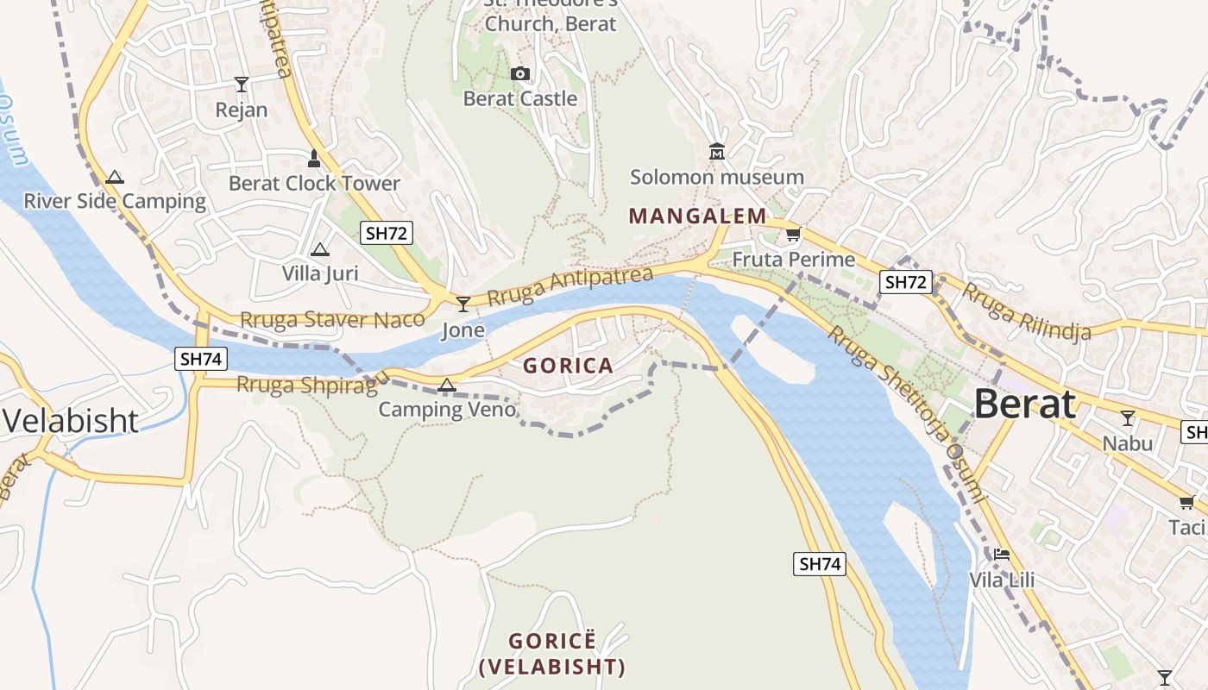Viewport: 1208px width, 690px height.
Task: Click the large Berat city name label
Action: click(x=1025, y=404)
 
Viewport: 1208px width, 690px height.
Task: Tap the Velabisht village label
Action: click(x=71, y=420)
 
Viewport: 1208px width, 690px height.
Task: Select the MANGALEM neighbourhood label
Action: click(x=697, y=216)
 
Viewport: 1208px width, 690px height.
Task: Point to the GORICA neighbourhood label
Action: click(x=568, y=366)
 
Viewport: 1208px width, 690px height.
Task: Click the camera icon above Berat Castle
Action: click(x=519, y=74)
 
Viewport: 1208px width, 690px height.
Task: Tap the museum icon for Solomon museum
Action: click(x=716, y=153)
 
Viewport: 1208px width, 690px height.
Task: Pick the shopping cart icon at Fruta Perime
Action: click(x=793, y=235)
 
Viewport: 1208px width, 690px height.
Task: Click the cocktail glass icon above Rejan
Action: click(x=242, y=85)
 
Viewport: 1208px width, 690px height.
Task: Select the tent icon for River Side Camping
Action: click(x=114, y=178)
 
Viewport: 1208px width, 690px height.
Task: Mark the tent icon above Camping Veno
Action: click(x=446, y=385)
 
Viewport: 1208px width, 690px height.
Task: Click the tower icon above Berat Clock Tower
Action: click(x=314, y=159)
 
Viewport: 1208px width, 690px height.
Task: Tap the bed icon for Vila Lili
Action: click(x=1001, y=554)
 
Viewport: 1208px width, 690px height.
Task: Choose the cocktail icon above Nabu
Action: click(x=1127, y=419)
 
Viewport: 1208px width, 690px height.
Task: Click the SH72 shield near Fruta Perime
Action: click(x=906, y=281)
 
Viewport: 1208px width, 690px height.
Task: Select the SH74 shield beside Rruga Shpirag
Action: click(x=201, y=359)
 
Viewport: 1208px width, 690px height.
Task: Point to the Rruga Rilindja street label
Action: click(x=1027, y=311)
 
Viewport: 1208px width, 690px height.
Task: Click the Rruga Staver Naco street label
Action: click(x=332, y=319)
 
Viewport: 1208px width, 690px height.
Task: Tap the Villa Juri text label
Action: click(x=320, y=273)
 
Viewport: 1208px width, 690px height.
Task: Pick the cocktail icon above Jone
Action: click(x=463, y=304)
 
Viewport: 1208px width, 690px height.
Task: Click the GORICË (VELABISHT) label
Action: click(x=552, y=654)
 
